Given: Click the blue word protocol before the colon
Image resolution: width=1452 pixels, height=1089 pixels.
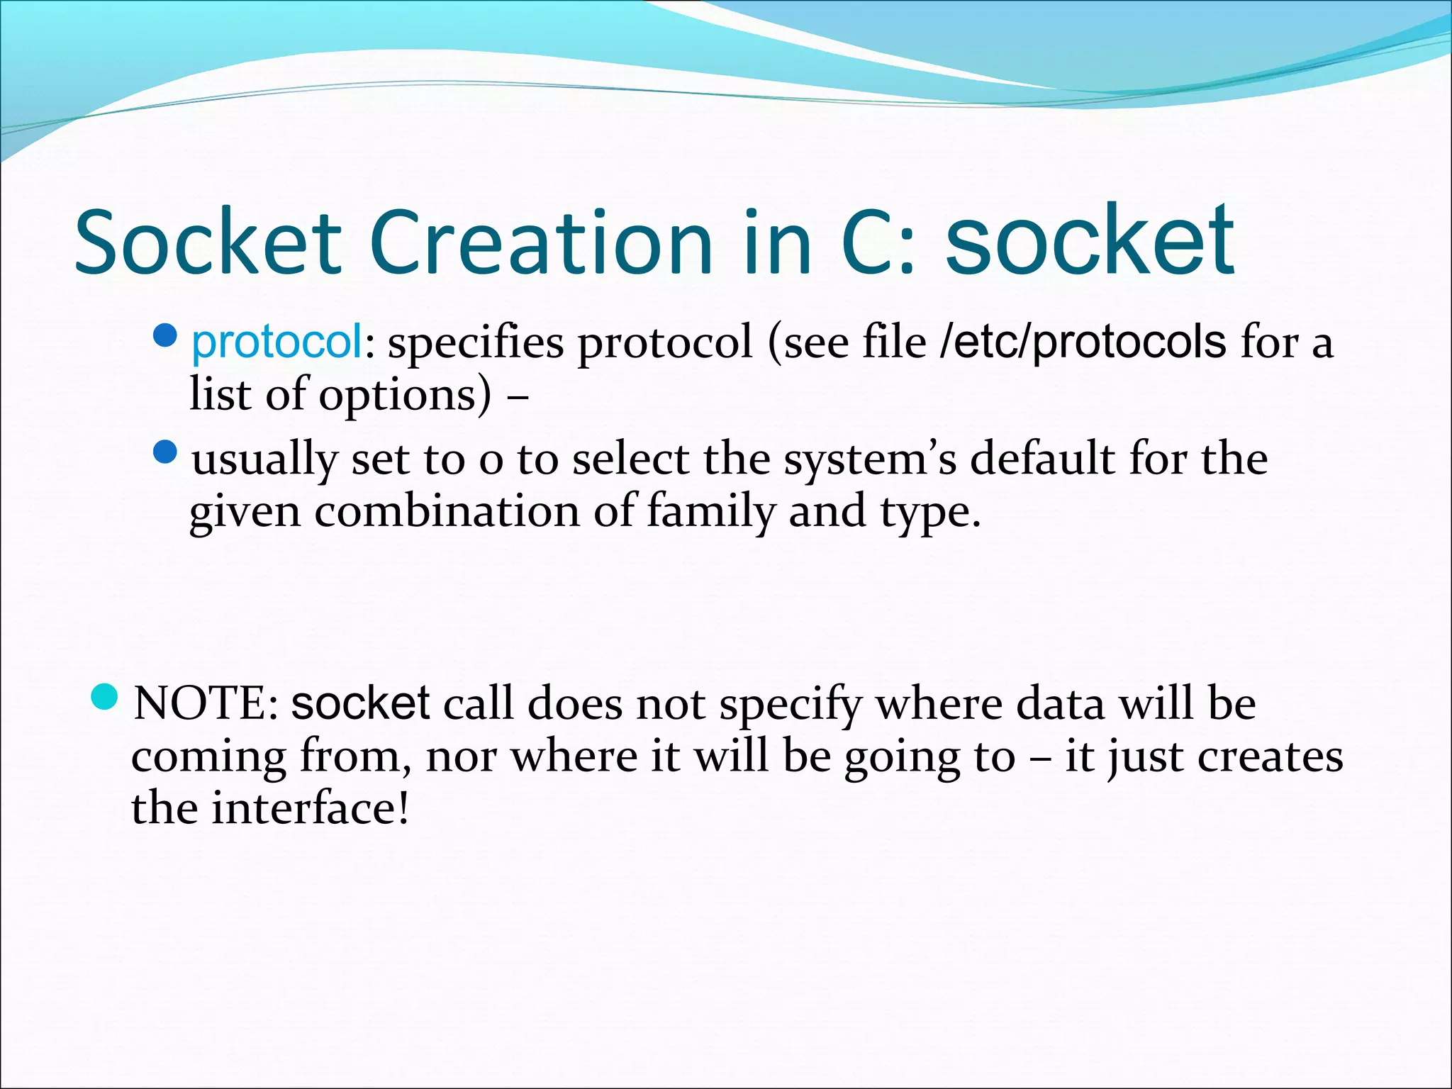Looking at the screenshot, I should coord(277,342).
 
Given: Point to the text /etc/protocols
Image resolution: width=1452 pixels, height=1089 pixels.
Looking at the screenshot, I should coord(1082,342).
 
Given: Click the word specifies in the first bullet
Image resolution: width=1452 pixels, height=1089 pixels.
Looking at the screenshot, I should coord(476,342).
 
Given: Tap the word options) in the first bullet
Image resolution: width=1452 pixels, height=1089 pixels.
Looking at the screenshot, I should coord(404,394).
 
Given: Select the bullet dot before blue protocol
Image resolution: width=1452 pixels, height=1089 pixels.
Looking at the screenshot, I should coord(164,335).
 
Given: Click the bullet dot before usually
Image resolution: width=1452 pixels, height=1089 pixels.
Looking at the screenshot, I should coord(164,452).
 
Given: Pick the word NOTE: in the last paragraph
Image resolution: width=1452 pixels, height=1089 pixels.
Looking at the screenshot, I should coord(206,704).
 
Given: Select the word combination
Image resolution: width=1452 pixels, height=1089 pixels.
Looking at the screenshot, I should coord(447,511).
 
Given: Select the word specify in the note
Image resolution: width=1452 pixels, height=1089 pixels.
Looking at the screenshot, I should coord(790,704).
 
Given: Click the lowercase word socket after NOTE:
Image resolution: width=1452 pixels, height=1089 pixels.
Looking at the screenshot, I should coord(360,704).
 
